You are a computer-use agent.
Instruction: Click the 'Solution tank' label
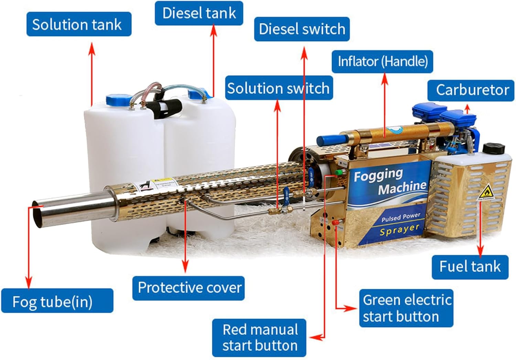click(79, 24)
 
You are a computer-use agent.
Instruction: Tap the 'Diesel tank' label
click(199, 13)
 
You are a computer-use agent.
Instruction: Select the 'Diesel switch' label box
click(302, 29)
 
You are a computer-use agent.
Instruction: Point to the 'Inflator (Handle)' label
click(382, 62)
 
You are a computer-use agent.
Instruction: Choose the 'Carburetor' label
click(471, 90)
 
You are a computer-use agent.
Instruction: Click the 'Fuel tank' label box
click(470, 267)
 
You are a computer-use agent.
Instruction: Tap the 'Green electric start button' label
click(406, 308)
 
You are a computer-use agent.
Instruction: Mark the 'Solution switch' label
click(279, 88)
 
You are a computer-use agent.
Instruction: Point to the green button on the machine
click(339, 172)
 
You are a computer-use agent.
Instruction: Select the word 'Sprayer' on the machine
click(399, 230)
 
